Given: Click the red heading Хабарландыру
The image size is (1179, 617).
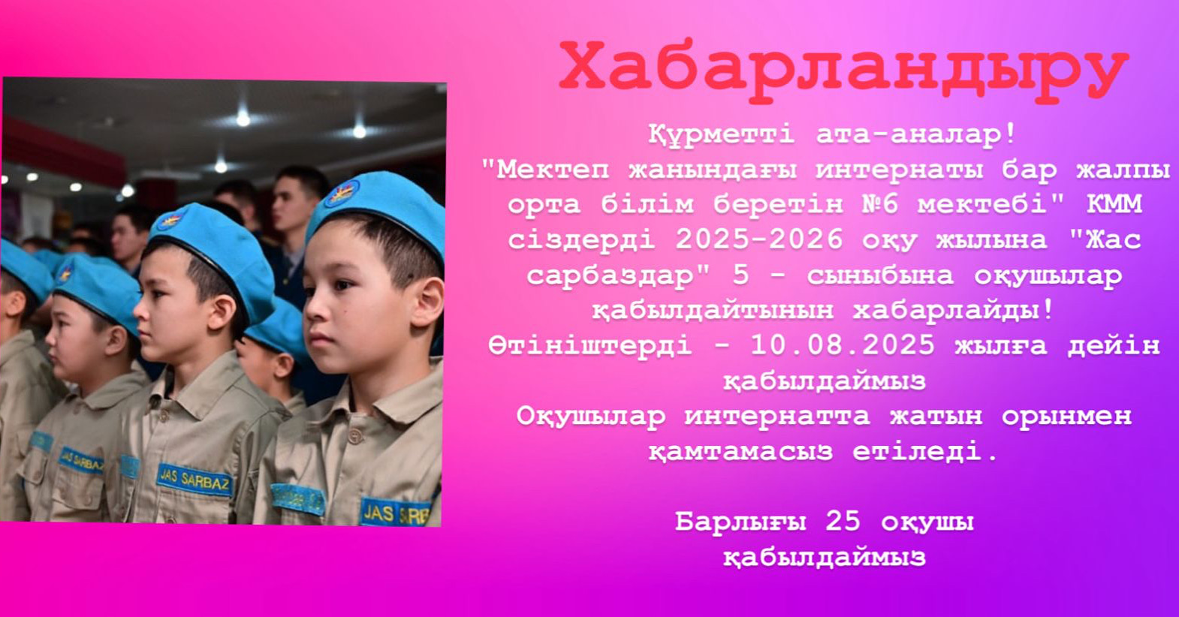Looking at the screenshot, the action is point(844,73).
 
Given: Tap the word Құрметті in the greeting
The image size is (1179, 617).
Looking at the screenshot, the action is point(722,135).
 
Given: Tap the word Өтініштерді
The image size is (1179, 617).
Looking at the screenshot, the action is point(590,346).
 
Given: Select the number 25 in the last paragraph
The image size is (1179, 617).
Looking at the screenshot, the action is point(843,522).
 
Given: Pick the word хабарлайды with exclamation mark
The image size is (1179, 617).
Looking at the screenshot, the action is point(954,311).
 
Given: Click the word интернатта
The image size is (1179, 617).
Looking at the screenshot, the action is point(777,417).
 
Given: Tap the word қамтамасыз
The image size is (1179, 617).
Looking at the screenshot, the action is point(740,453).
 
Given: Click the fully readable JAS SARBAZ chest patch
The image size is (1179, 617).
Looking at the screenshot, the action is point(195,480).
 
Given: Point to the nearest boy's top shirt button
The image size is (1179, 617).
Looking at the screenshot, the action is point(356,436).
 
